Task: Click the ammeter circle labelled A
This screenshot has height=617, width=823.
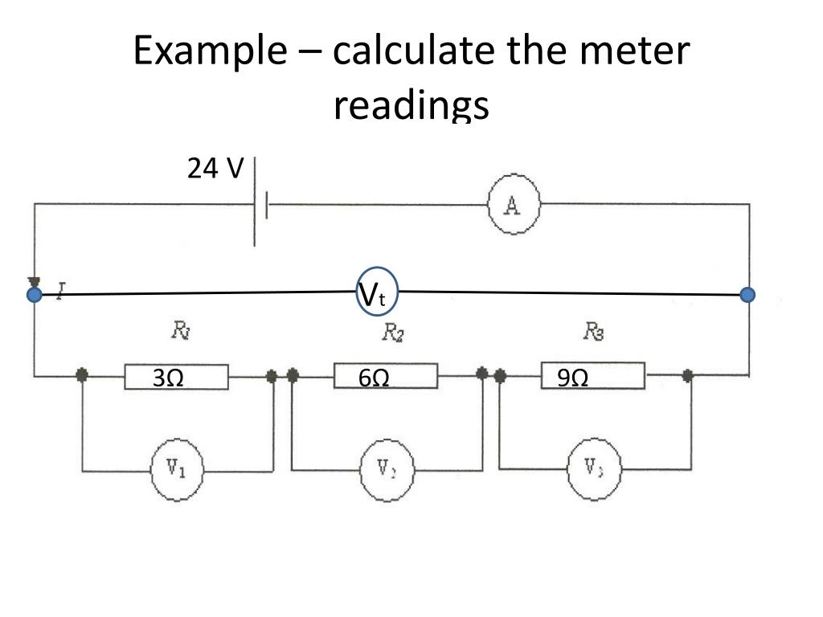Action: [514, 206]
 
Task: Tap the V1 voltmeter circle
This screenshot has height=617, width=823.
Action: [177, 469]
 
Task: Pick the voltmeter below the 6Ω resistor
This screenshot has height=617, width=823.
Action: [385, 469]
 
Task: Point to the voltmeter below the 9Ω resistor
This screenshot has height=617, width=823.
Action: [594, 469]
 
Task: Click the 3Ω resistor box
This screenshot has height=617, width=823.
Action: [176, 377]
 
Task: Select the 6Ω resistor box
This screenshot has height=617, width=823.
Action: [385, 376]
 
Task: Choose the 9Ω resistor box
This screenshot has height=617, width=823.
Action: [592, 376]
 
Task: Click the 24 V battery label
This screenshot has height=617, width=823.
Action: [215, 169]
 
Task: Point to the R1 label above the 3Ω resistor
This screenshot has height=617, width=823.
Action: [180, 329]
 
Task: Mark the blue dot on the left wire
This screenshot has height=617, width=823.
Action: [35, 295]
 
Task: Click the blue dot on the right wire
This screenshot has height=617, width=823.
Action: [748, 295]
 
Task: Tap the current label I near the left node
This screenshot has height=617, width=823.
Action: [60, 288]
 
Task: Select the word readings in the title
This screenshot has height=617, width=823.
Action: [411, 105]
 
